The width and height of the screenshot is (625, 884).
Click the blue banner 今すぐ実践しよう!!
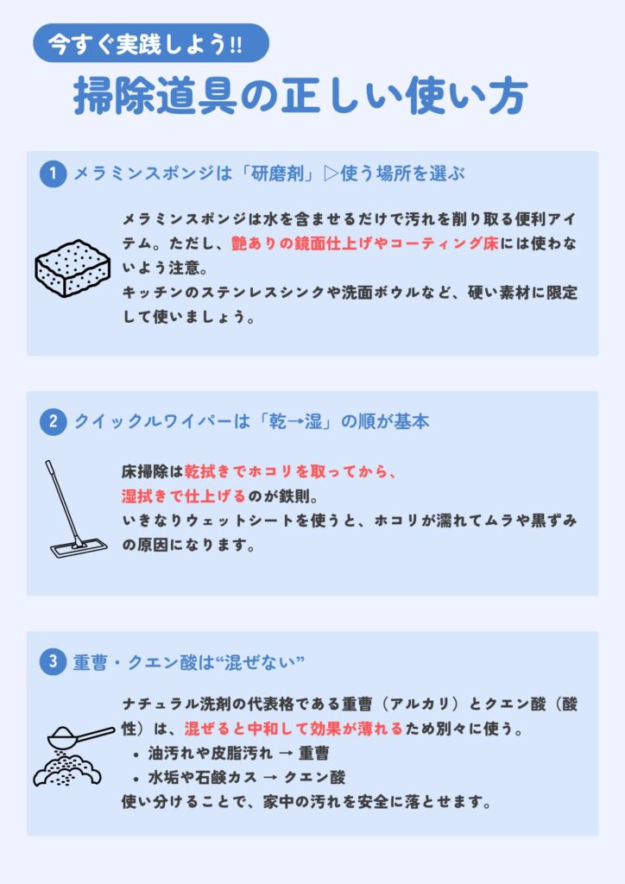click(x=151, y=43)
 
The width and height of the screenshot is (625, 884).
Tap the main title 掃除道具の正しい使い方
click(x=300, y=96)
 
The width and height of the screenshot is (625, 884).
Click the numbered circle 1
click(x=53, y=174)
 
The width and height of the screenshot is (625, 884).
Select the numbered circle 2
click(x=53, y=421)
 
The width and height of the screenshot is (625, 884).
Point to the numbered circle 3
click(x=53, y=661)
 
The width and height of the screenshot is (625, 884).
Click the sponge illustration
click(x=73, y=268)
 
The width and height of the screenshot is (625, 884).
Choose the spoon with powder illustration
click(x=73, y=755)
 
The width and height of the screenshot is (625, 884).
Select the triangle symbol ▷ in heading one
click(x=331, y=174)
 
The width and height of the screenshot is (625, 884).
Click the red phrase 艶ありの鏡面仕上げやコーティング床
click(x=365, y=243)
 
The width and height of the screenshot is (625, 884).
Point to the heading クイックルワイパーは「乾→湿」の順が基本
click(x=251, y=421)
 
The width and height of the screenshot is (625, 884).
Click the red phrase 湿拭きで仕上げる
click(x=184, y=496)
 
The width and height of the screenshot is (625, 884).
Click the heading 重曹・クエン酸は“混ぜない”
click(x=189, y=662)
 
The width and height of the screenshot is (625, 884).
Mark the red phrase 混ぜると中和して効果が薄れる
click(x=294, y=729)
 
